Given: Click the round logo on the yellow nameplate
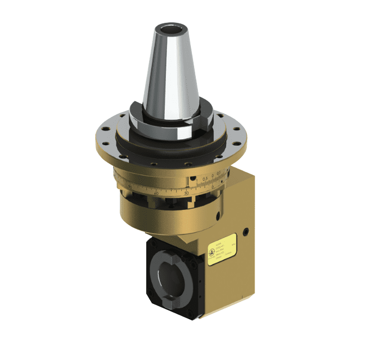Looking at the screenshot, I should [x=211, y=252].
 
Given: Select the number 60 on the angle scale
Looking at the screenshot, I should [x=156, y=193].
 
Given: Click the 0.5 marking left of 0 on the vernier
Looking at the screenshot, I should [x=205, y=178].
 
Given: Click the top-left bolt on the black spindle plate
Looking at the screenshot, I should [x=152, y=253].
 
